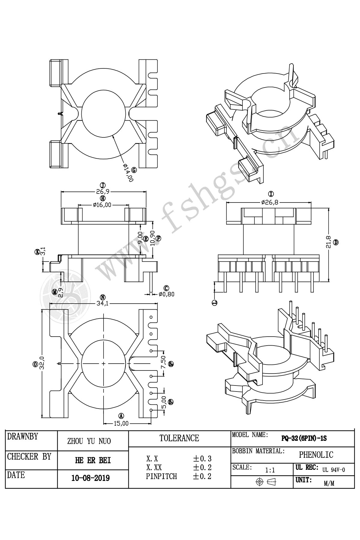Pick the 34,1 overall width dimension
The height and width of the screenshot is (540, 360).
[x=102, y=304]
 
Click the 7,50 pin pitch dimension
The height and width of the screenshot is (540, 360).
[x=163, y=363]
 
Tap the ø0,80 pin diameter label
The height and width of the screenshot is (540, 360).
[x=166, y=294]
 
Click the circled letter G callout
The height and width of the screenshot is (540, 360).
[x=134, y=170]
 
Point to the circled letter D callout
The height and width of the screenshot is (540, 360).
[x=336, y=242]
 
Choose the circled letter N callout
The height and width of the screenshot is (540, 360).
[x=103, y=297]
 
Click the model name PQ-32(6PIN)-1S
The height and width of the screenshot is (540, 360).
[x=304, y=438]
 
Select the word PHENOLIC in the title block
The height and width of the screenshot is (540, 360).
[x=316, y=455]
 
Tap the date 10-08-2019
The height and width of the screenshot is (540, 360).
[x=90, y=478]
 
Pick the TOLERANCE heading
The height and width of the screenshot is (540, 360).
[x=179, y=438]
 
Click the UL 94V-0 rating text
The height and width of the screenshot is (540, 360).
[x=334, y=470]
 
